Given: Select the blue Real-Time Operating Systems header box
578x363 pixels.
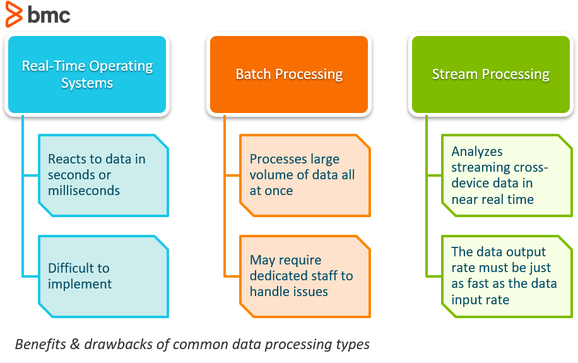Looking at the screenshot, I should pos(87,74).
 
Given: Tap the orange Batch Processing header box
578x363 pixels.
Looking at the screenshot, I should pos(289,74).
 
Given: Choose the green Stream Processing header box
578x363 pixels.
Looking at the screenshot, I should pos(490,74).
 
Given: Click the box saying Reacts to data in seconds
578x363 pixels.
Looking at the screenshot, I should pos(103,175).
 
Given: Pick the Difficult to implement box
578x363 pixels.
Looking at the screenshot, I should pos(103,276).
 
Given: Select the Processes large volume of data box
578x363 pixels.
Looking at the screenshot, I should pos(305,175).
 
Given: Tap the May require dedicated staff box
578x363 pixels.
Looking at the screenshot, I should pos(305,276).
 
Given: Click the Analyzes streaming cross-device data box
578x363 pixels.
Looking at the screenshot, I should pos(506,175).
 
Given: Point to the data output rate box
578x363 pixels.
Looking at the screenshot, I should pos(506,276).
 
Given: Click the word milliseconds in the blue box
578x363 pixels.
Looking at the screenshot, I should pos(84,191).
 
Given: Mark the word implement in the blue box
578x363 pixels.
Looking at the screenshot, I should pos(80,284).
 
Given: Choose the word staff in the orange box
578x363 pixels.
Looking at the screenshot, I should pos(337,276).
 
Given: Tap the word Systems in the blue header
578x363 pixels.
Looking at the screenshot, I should pos(87,83).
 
